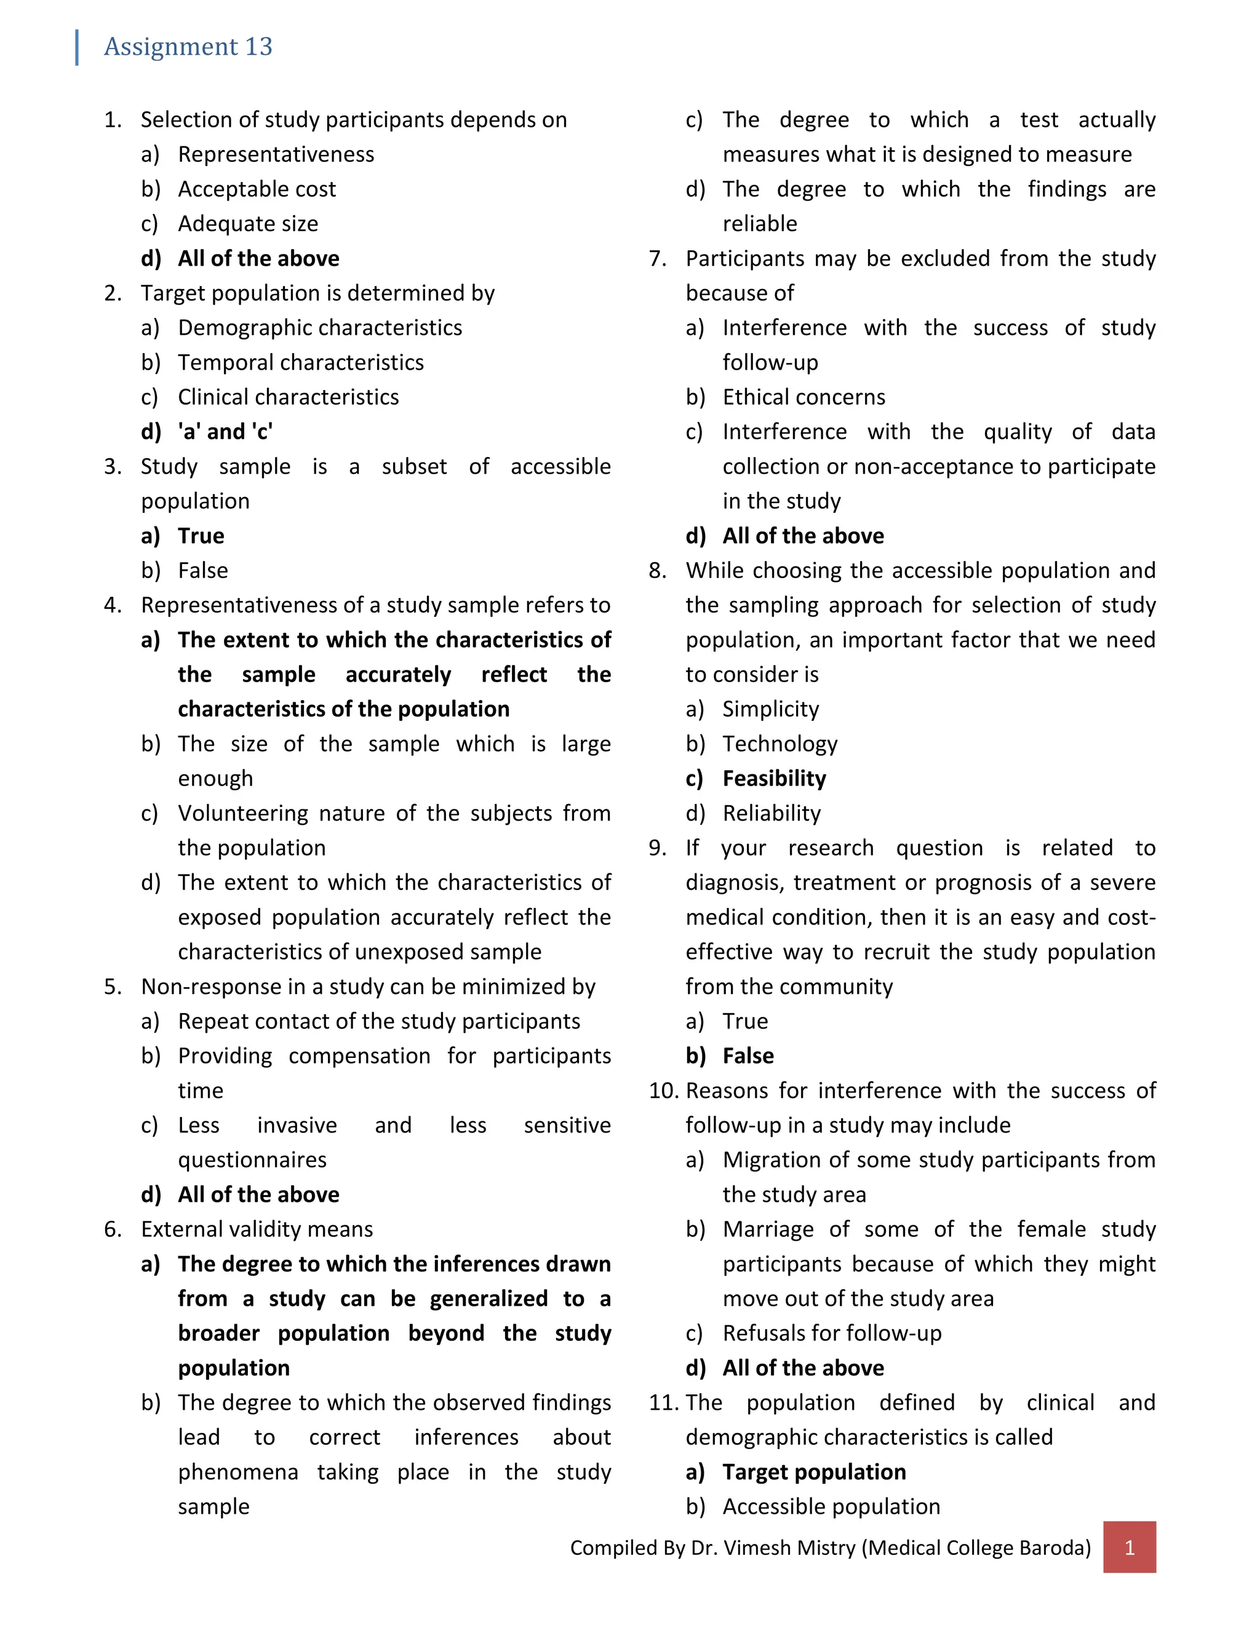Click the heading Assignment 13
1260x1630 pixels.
[x=188, y=46]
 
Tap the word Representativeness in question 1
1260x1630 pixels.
[x=276, y=154]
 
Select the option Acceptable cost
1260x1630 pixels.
[x=257, y=189]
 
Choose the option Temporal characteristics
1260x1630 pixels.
[x=300, y=363]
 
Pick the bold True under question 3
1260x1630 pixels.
[x=201, y=536]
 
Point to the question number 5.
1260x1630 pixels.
[x=112, y=987]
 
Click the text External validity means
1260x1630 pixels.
[x=257, y=1229]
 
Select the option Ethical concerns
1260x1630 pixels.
[x=803, y=397]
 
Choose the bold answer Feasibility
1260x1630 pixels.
[x=774, y=779]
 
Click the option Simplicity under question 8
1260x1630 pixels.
[x=770, y=709]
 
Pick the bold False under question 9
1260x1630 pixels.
[x=748, y=1056]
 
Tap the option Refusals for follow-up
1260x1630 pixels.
[x=832, y=1333]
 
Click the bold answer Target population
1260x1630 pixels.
[x=813, y=1472]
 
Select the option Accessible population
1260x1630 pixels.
[x=831, y=1507]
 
